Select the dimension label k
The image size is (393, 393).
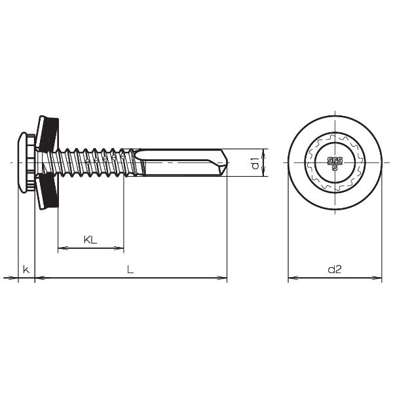click(26, 269)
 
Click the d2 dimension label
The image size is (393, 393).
click(334, 269)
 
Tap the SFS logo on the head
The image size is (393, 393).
click(335, 162)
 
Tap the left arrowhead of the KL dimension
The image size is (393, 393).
click(62, 249)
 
